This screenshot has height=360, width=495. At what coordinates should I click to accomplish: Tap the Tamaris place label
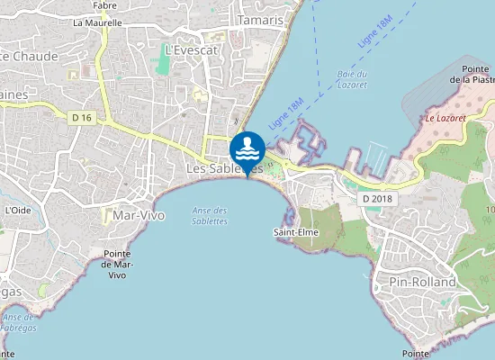261,20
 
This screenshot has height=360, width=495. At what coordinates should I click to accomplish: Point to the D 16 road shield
82,117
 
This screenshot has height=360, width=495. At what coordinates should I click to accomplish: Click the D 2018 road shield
378,198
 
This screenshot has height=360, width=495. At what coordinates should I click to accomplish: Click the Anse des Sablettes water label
210,216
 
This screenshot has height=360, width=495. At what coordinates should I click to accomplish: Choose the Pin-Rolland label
422,282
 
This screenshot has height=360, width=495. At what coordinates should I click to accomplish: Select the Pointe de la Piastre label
474,74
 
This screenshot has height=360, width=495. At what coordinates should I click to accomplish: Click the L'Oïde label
17,210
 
